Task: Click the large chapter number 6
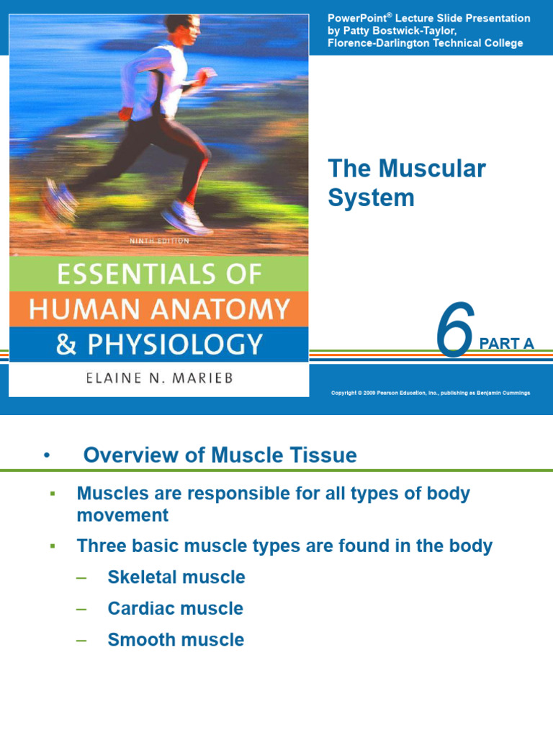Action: [x=456, y=331]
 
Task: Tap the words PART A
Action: [x=507, y=344]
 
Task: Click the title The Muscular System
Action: [x=407, y=183]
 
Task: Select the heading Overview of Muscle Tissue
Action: [x=220, y=455]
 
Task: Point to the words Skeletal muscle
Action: [x=176, y=577]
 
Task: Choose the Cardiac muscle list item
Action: [x=175, y=608]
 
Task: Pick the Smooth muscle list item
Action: [x=176, y=639]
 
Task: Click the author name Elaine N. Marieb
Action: [x=143, y=378]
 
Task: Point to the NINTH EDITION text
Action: [x=159, y=241]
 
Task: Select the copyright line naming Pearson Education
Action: [x=430, y=392]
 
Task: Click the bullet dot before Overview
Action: [x=47, y=455]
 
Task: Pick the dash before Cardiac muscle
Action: [x=81, y=608]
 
